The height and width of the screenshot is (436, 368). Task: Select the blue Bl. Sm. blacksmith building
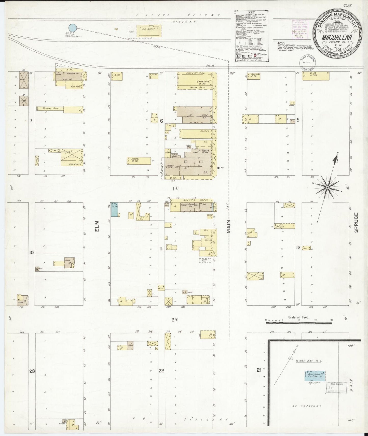[x=114, y=210]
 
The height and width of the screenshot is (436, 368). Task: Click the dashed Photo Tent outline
[x=205, y=260]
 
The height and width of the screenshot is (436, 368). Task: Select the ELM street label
[x=97, y=226]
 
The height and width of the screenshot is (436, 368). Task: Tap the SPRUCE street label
[x=356, y=223]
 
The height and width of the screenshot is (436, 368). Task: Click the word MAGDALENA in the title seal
[x=337, y=37]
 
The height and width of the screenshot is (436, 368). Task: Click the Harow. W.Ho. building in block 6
[x=139, y=161]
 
